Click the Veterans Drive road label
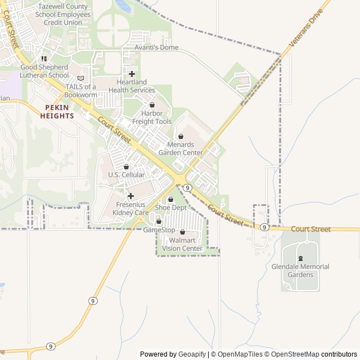(x=307, y=28)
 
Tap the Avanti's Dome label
(x=157, y=47)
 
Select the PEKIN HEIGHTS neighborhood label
(x=57, y=111)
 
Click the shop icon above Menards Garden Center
(x=181, y=136)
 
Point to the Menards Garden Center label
(x=181, y=148)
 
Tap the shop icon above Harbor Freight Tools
(x=152, y=105)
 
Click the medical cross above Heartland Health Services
(x=132, y=74)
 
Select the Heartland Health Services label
(x=132, y=86)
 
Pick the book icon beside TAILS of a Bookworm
(x=80, y=78)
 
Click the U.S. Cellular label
(x=127, y=175)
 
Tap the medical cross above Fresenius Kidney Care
(x=130, y=196)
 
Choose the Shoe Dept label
(x=170, y=208)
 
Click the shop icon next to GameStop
(x=159, y=222)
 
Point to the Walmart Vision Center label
(x=182, y=245)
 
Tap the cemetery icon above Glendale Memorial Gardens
(x=300, y=258)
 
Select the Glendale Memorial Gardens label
(x=300, y=271)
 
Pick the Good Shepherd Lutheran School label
(x=44, y=71)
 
